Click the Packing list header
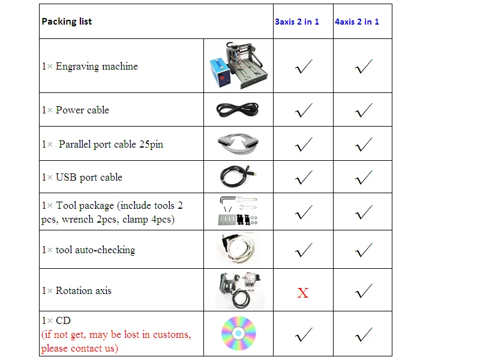67,22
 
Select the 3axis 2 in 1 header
297,22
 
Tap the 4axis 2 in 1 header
357,22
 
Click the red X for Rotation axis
303,293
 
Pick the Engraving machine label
90,67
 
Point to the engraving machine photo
238,66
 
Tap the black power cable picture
238,110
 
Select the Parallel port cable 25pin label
103,144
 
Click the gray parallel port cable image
238,143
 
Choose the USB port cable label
82,178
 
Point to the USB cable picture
238,176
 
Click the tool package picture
238,212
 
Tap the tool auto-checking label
89,250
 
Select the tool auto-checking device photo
238,249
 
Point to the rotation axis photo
238,289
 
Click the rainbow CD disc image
238,333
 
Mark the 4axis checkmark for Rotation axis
364,292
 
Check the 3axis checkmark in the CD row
304,334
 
